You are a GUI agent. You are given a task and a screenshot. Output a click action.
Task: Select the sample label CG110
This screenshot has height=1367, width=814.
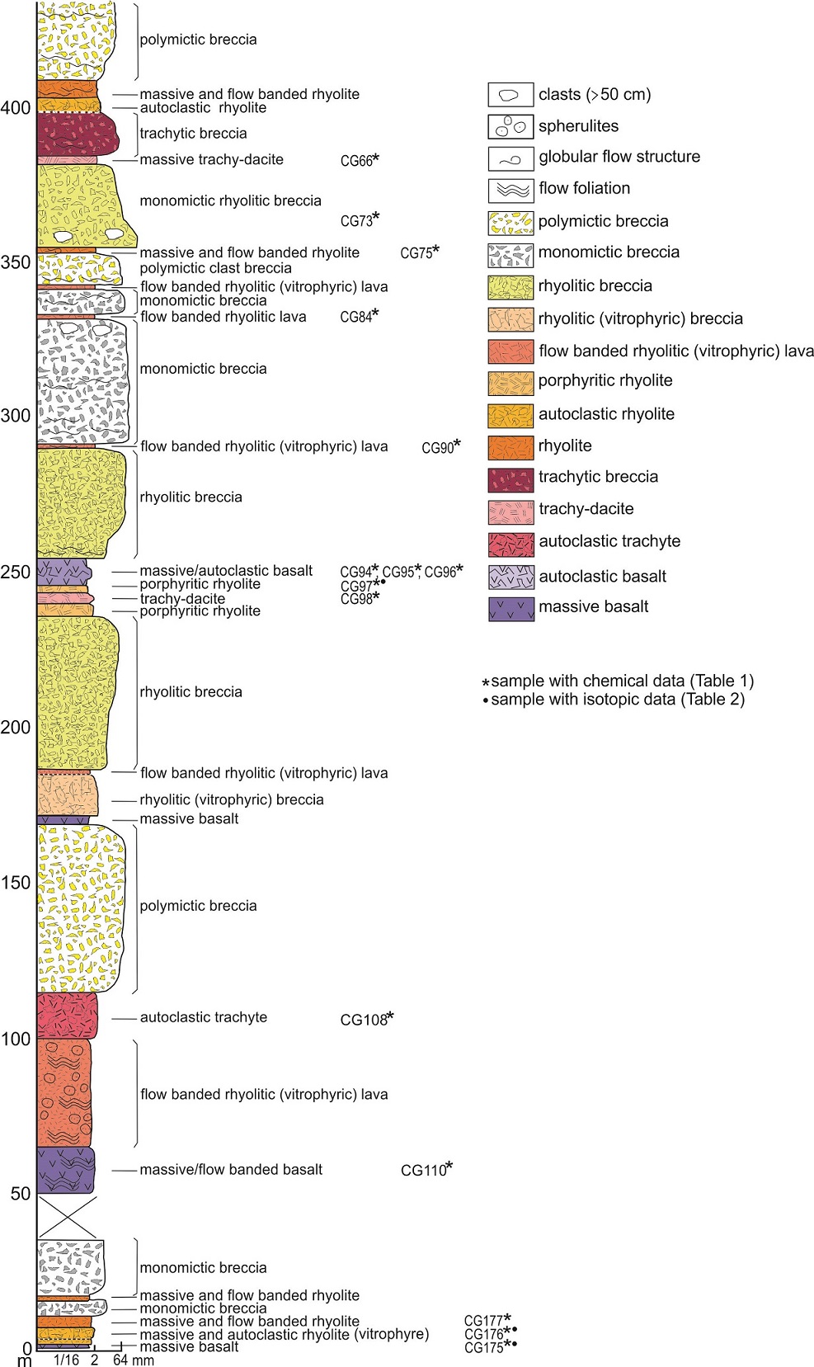[423, 1170]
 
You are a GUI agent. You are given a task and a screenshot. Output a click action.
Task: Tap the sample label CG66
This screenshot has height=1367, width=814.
[356, 161]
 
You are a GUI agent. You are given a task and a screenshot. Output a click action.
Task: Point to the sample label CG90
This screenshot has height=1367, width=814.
[438, 447]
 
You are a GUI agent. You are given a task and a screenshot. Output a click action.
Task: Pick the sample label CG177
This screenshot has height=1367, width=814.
[483, 1321]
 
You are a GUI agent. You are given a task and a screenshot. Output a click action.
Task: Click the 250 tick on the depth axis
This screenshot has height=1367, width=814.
[16, 572]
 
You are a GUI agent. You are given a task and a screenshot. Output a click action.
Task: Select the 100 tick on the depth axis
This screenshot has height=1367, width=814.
[16, 1039]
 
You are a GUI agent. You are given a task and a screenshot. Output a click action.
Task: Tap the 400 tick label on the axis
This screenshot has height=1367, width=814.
[16, 108]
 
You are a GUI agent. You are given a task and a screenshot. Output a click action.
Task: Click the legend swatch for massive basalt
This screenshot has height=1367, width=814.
[511, 609]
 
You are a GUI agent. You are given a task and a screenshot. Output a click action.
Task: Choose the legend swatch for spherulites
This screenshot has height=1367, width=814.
[511, 126]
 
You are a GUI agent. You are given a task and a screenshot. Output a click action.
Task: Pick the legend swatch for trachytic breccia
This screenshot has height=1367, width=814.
[511, 479]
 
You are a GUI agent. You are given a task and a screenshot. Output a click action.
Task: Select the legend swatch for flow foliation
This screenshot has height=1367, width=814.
[511, 190]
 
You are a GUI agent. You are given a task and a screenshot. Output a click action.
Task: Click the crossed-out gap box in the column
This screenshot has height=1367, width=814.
[67, 1217]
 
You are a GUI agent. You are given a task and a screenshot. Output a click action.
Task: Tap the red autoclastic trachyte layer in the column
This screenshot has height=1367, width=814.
[67, 1016]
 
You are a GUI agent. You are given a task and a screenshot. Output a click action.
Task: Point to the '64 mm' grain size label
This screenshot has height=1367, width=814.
[134, 1360]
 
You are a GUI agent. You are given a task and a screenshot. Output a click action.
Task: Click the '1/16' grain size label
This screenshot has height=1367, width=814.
[66, 1360]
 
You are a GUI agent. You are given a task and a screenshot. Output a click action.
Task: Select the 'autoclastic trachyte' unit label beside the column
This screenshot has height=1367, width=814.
[204, 1017]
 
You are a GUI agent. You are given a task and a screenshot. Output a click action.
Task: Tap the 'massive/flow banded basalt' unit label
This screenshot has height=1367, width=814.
[231, 1169]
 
